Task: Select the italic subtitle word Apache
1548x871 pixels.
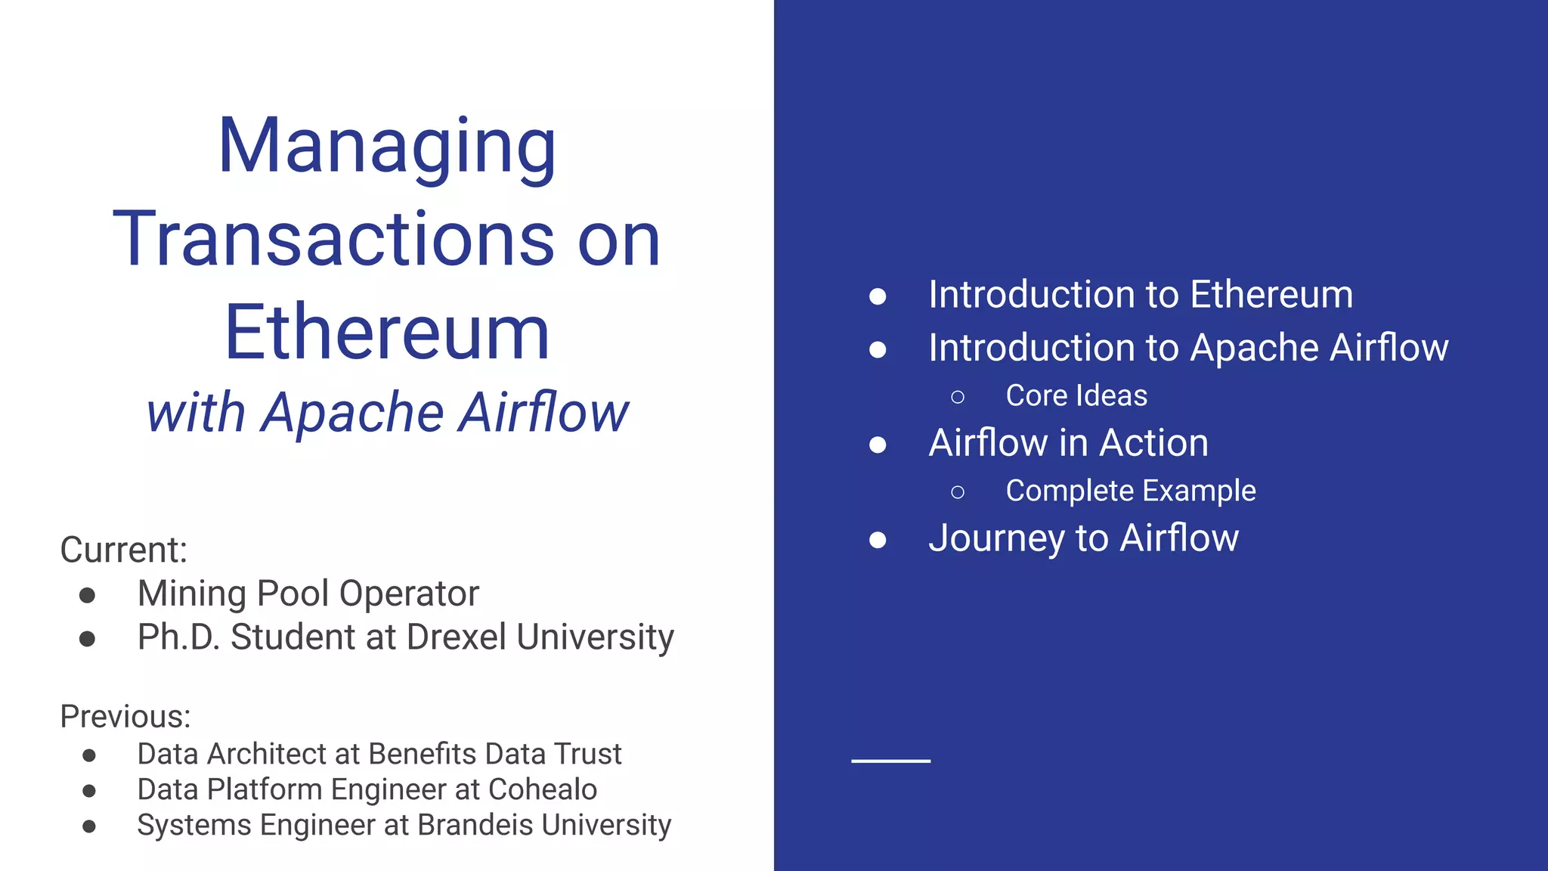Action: coord(352,413)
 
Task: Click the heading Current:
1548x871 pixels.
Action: coord(123,550)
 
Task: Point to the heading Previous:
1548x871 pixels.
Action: coord(125,716)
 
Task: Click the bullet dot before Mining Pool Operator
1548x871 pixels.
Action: coord(88,595)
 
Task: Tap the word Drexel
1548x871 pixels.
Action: coord(456,637)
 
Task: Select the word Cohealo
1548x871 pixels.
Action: coord(543,789)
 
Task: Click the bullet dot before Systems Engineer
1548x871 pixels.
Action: coord(89,826)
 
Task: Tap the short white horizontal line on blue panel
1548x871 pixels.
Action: coord(890,761)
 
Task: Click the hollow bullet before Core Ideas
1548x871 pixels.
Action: coord(958,397)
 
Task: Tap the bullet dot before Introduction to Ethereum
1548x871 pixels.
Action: coord(878,296)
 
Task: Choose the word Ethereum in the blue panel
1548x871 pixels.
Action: coord(1271,294)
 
